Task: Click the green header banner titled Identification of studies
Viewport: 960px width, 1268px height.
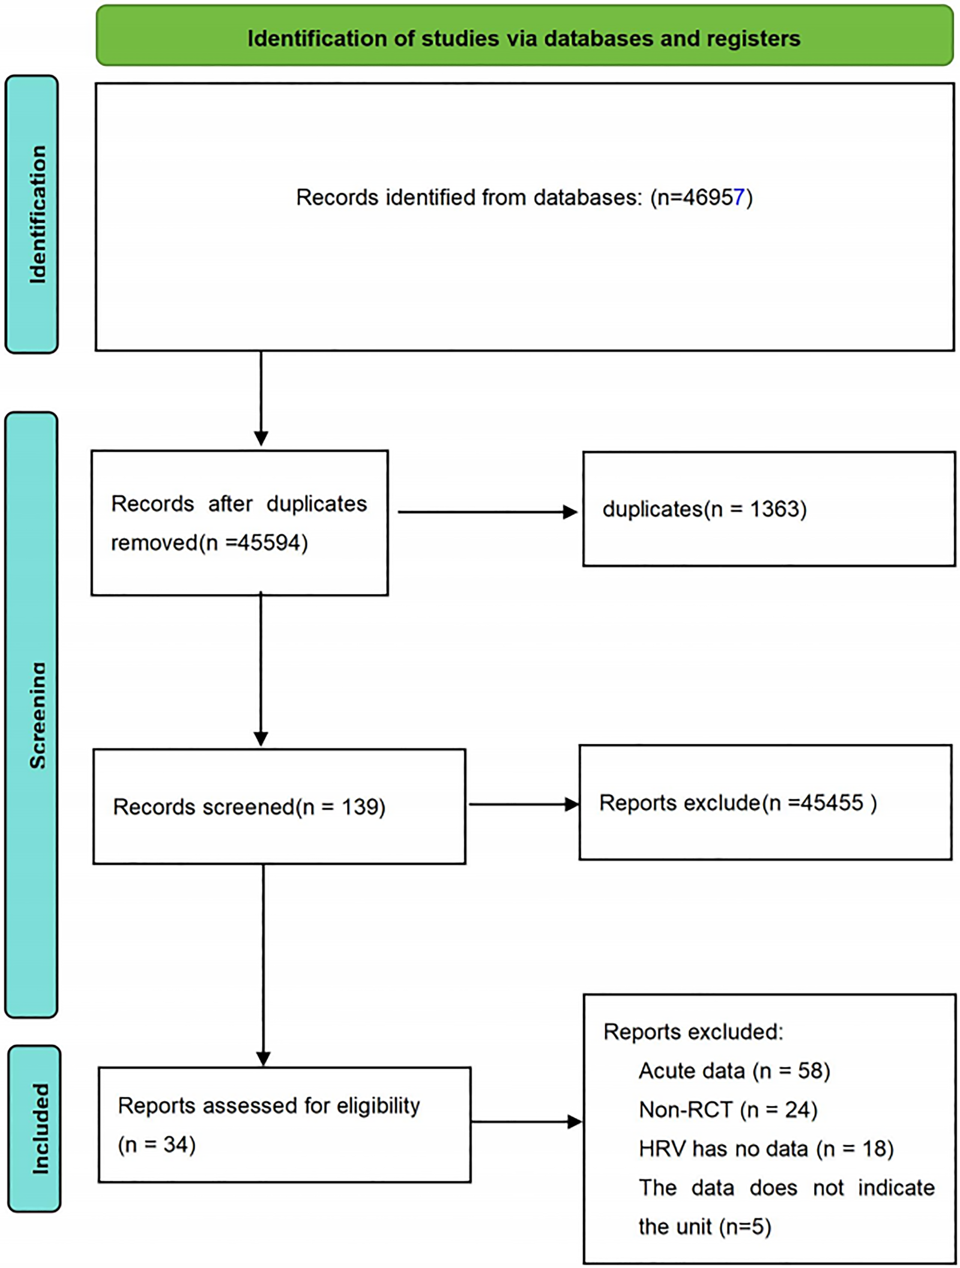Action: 524,38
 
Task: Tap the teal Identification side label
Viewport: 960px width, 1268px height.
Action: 32,214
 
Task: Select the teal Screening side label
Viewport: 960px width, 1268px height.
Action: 32,714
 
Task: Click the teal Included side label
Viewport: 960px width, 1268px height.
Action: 35,1129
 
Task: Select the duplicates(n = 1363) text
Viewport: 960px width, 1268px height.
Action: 704,509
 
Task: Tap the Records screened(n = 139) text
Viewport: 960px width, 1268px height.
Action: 249,807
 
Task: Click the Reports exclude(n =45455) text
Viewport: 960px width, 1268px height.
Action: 738,802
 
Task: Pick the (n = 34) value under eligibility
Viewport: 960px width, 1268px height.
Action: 157,1144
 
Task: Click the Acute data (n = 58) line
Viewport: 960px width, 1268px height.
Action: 734,1071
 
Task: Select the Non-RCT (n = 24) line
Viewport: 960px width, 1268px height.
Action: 728,1110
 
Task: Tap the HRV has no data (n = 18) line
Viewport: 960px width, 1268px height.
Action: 766,1149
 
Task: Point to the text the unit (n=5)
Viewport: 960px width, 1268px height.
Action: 704,1227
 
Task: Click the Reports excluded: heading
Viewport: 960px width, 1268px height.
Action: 693,1032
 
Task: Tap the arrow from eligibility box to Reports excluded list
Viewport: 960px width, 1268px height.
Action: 526,1122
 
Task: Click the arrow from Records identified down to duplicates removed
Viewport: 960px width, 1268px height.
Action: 261,399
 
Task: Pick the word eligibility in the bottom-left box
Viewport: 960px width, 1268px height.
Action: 378,1105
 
